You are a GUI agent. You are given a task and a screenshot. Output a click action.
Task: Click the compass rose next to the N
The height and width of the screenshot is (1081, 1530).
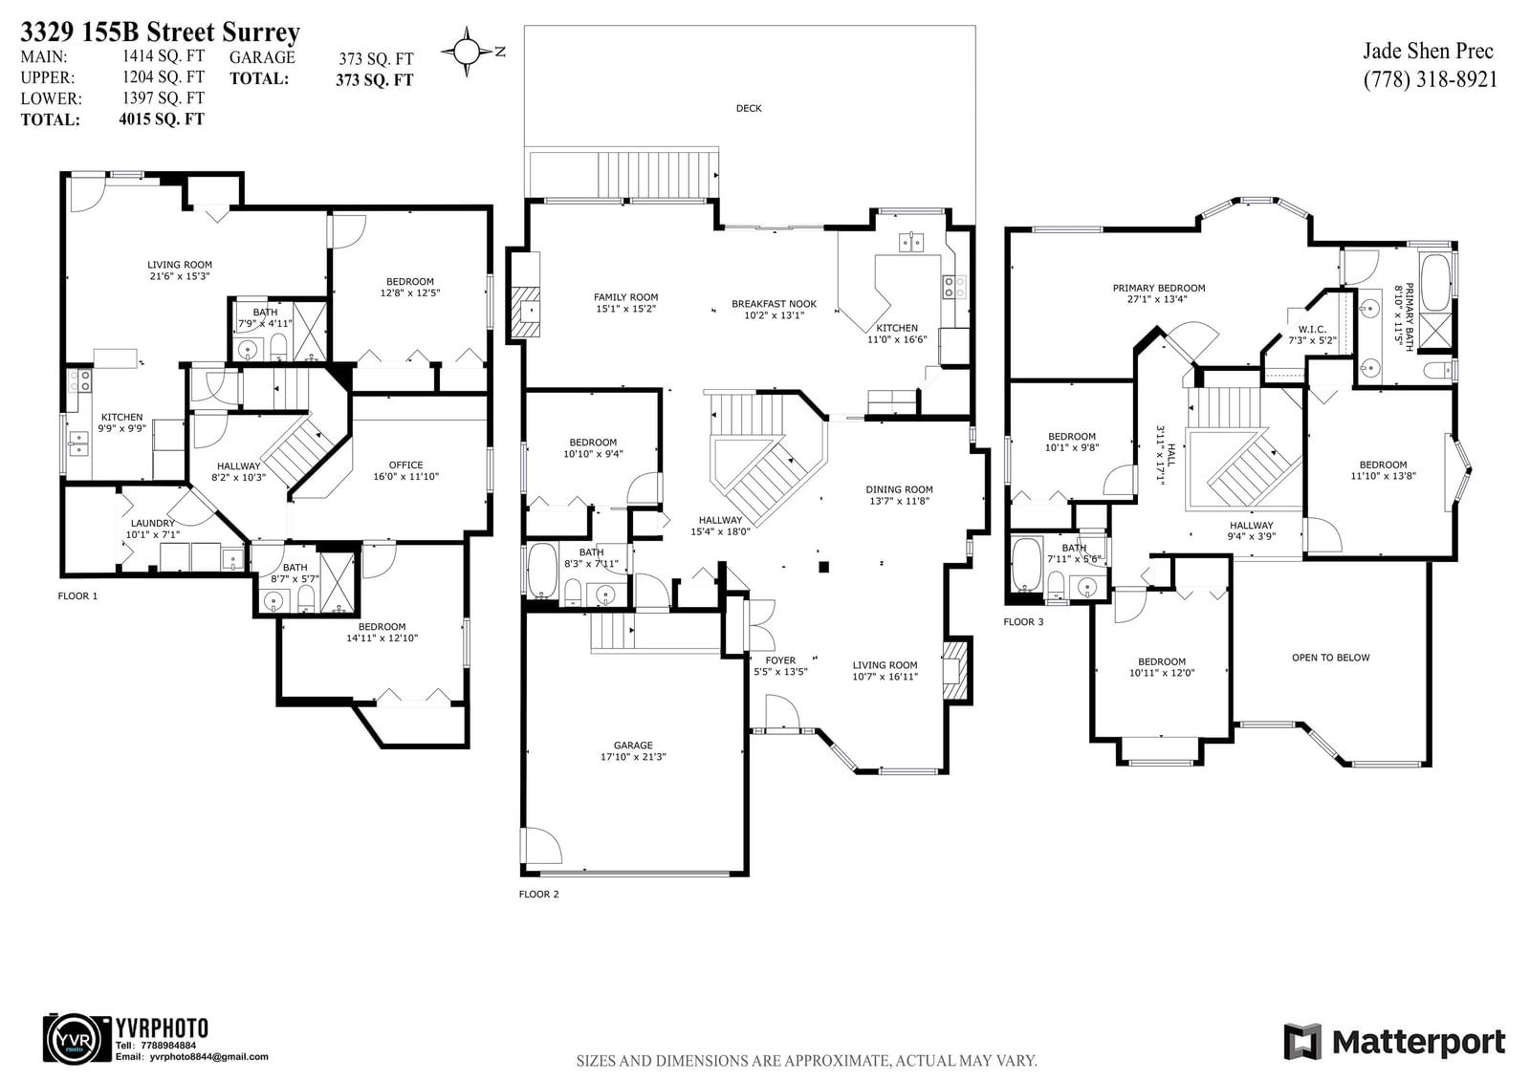467,52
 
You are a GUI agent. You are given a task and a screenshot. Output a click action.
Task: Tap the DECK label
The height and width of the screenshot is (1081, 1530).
749,108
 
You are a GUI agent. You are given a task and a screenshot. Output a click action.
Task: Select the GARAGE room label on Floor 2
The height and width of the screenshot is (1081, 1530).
633,745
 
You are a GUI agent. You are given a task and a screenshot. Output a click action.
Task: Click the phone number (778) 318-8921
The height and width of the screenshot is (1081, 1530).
1431,79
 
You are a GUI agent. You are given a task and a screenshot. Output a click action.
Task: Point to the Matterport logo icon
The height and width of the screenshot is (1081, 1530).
1302,1042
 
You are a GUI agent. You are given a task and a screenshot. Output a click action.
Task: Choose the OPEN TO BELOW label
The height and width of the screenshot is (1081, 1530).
1330,658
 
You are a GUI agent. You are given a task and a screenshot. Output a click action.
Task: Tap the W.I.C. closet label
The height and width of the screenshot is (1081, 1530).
1312,329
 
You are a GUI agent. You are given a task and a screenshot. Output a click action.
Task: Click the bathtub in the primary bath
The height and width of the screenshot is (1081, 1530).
1435,283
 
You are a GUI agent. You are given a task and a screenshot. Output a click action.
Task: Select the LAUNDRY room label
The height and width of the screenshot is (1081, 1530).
152,523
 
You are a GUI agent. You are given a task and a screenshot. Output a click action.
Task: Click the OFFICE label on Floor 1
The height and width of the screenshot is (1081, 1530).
405,465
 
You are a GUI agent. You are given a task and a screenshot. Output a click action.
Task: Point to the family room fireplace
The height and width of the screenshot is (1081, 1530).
524,312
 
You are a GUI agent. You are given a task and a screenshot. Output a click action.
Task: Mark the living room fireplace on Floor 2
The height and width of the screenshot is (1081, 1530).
955,670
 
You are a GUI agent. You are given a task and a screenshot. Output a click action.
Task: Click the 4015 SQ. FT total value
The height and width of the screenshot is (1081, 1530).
162,119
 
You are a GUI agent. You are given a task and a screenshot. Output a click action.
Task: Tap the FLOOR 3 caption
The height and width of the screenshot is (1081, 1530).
1023,621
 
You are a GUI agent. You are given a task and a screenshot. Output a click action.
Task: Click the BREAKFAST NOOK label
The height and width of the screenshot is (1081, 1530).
774,304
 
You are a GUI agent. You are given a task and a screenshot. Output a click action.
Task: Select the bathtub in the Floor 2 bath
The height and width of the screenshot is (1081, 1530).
543,571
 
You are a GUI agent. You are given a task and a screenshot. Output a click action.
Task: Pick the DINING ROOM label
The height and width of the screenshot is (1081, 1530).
899,489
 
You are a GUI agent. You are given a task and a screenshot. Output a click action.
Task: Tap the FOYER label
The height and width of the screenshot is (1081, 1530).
780,660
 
